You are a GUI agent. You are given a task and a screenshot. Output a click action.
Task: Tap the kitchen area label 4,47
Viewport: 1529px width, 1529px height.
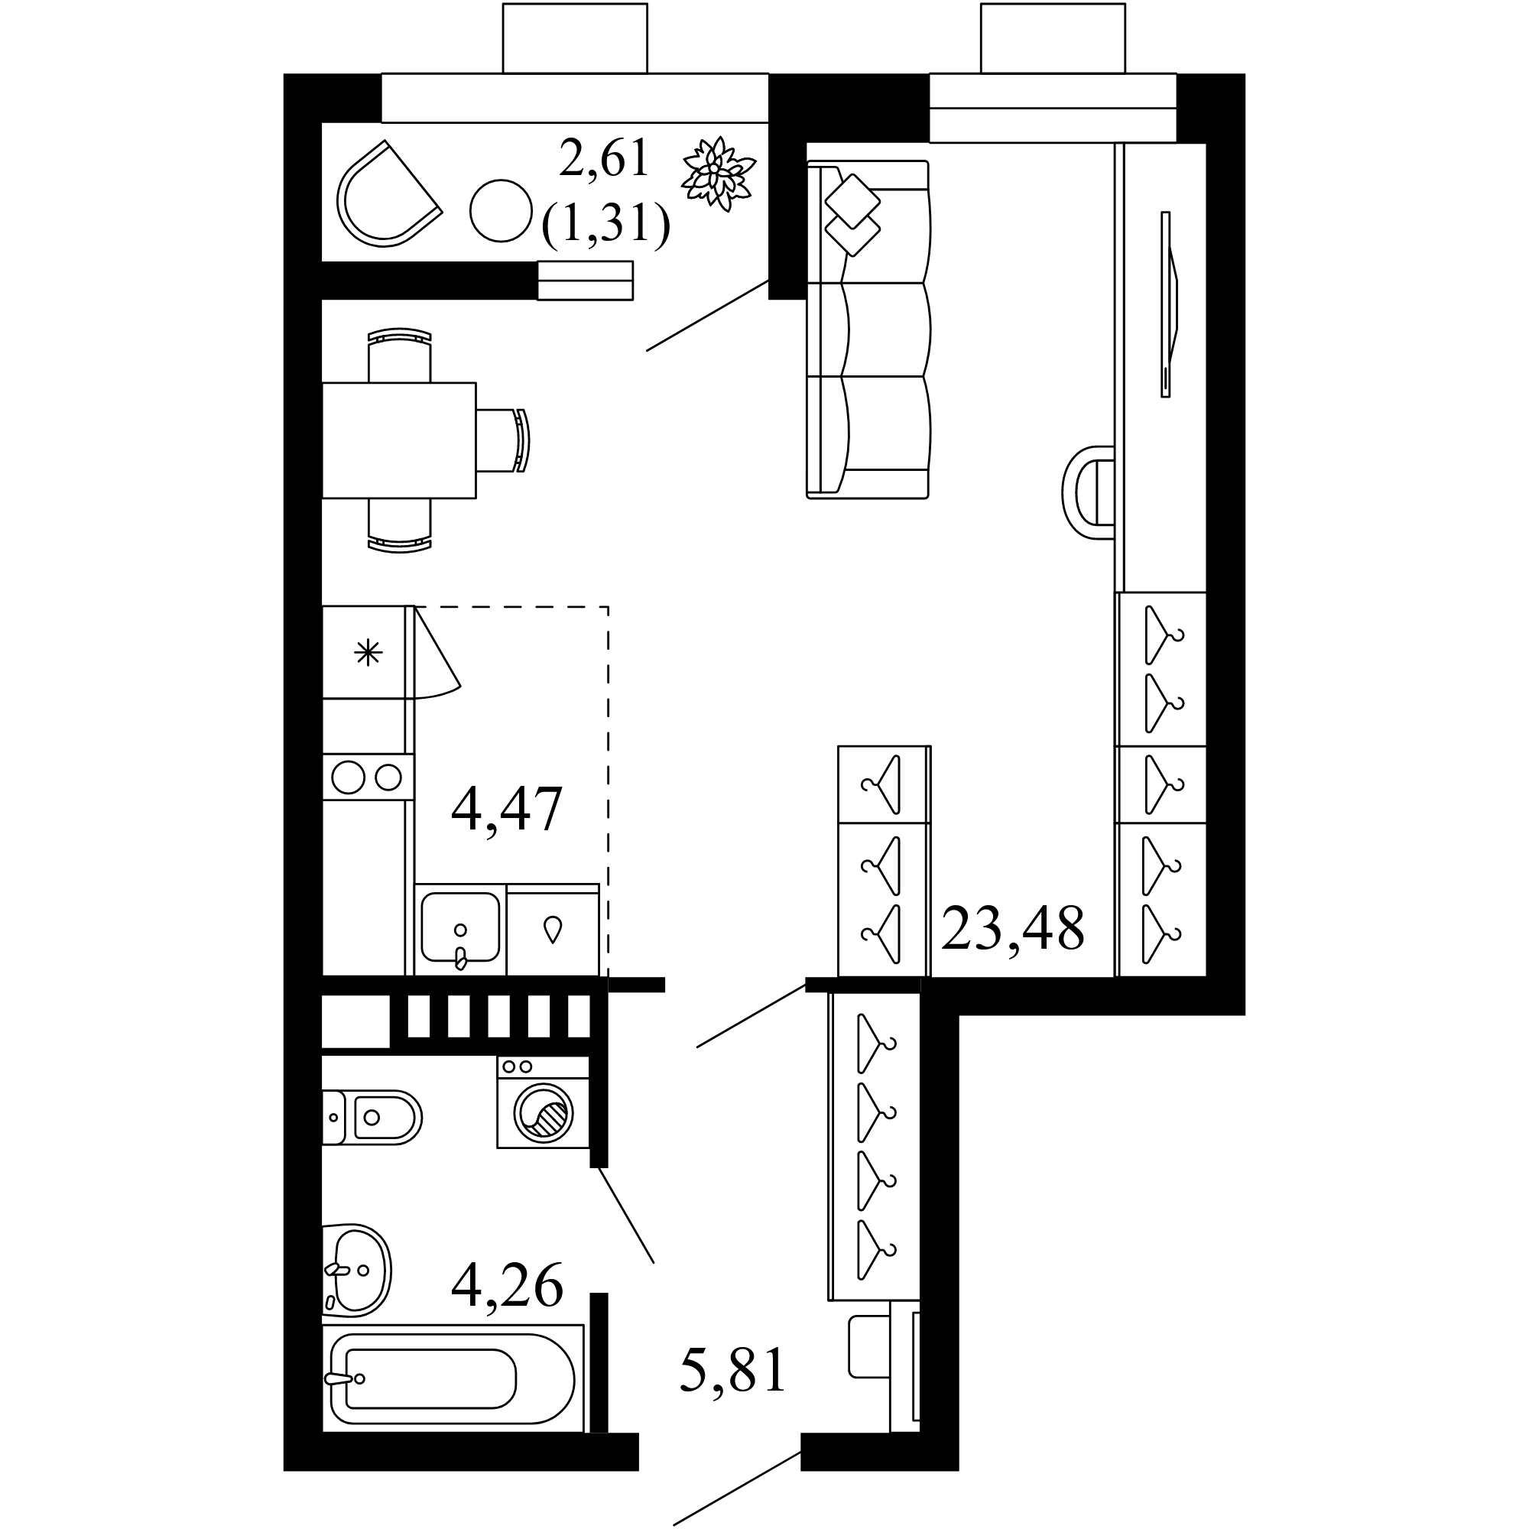pyautogui.click(x=507, y=809)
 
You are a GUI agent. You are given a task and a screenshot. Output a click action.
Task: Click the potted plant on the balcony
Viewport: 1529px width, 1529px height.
pyautogui.click(x=718, y=174)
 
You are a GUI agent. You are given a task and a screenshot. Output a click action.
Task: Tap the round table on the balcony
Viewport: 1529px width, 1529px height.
pyautogui.click(x=500, y=210)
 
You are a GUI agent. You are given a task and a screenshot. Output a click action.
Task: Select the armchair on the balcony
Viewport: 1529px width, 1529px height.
pyautogui.click(x=388, y=194)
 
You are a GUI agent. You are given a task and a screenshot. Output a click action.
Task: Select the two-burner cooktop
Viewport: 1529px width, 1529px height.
pyautogui.click(x=368, y=777)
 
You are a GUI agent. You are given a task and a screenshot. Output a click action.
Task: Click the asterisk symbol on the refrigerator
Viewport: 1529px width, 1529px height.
pyautogui.click(x=368, y=654)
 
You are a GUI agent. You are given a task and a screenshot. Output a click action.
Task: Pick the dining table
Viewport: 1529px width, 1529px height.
pyautogui.click(x=399, y=440)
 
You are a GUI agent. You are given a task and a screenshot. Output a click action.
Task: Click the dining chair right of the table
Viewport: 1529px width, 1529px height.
pyautogui.click(x=503, y=440)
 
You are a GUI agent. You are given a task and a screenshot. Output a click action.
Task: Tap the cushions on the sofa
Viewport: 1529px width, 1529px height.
pyautogui.click(x=852, y=214)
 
